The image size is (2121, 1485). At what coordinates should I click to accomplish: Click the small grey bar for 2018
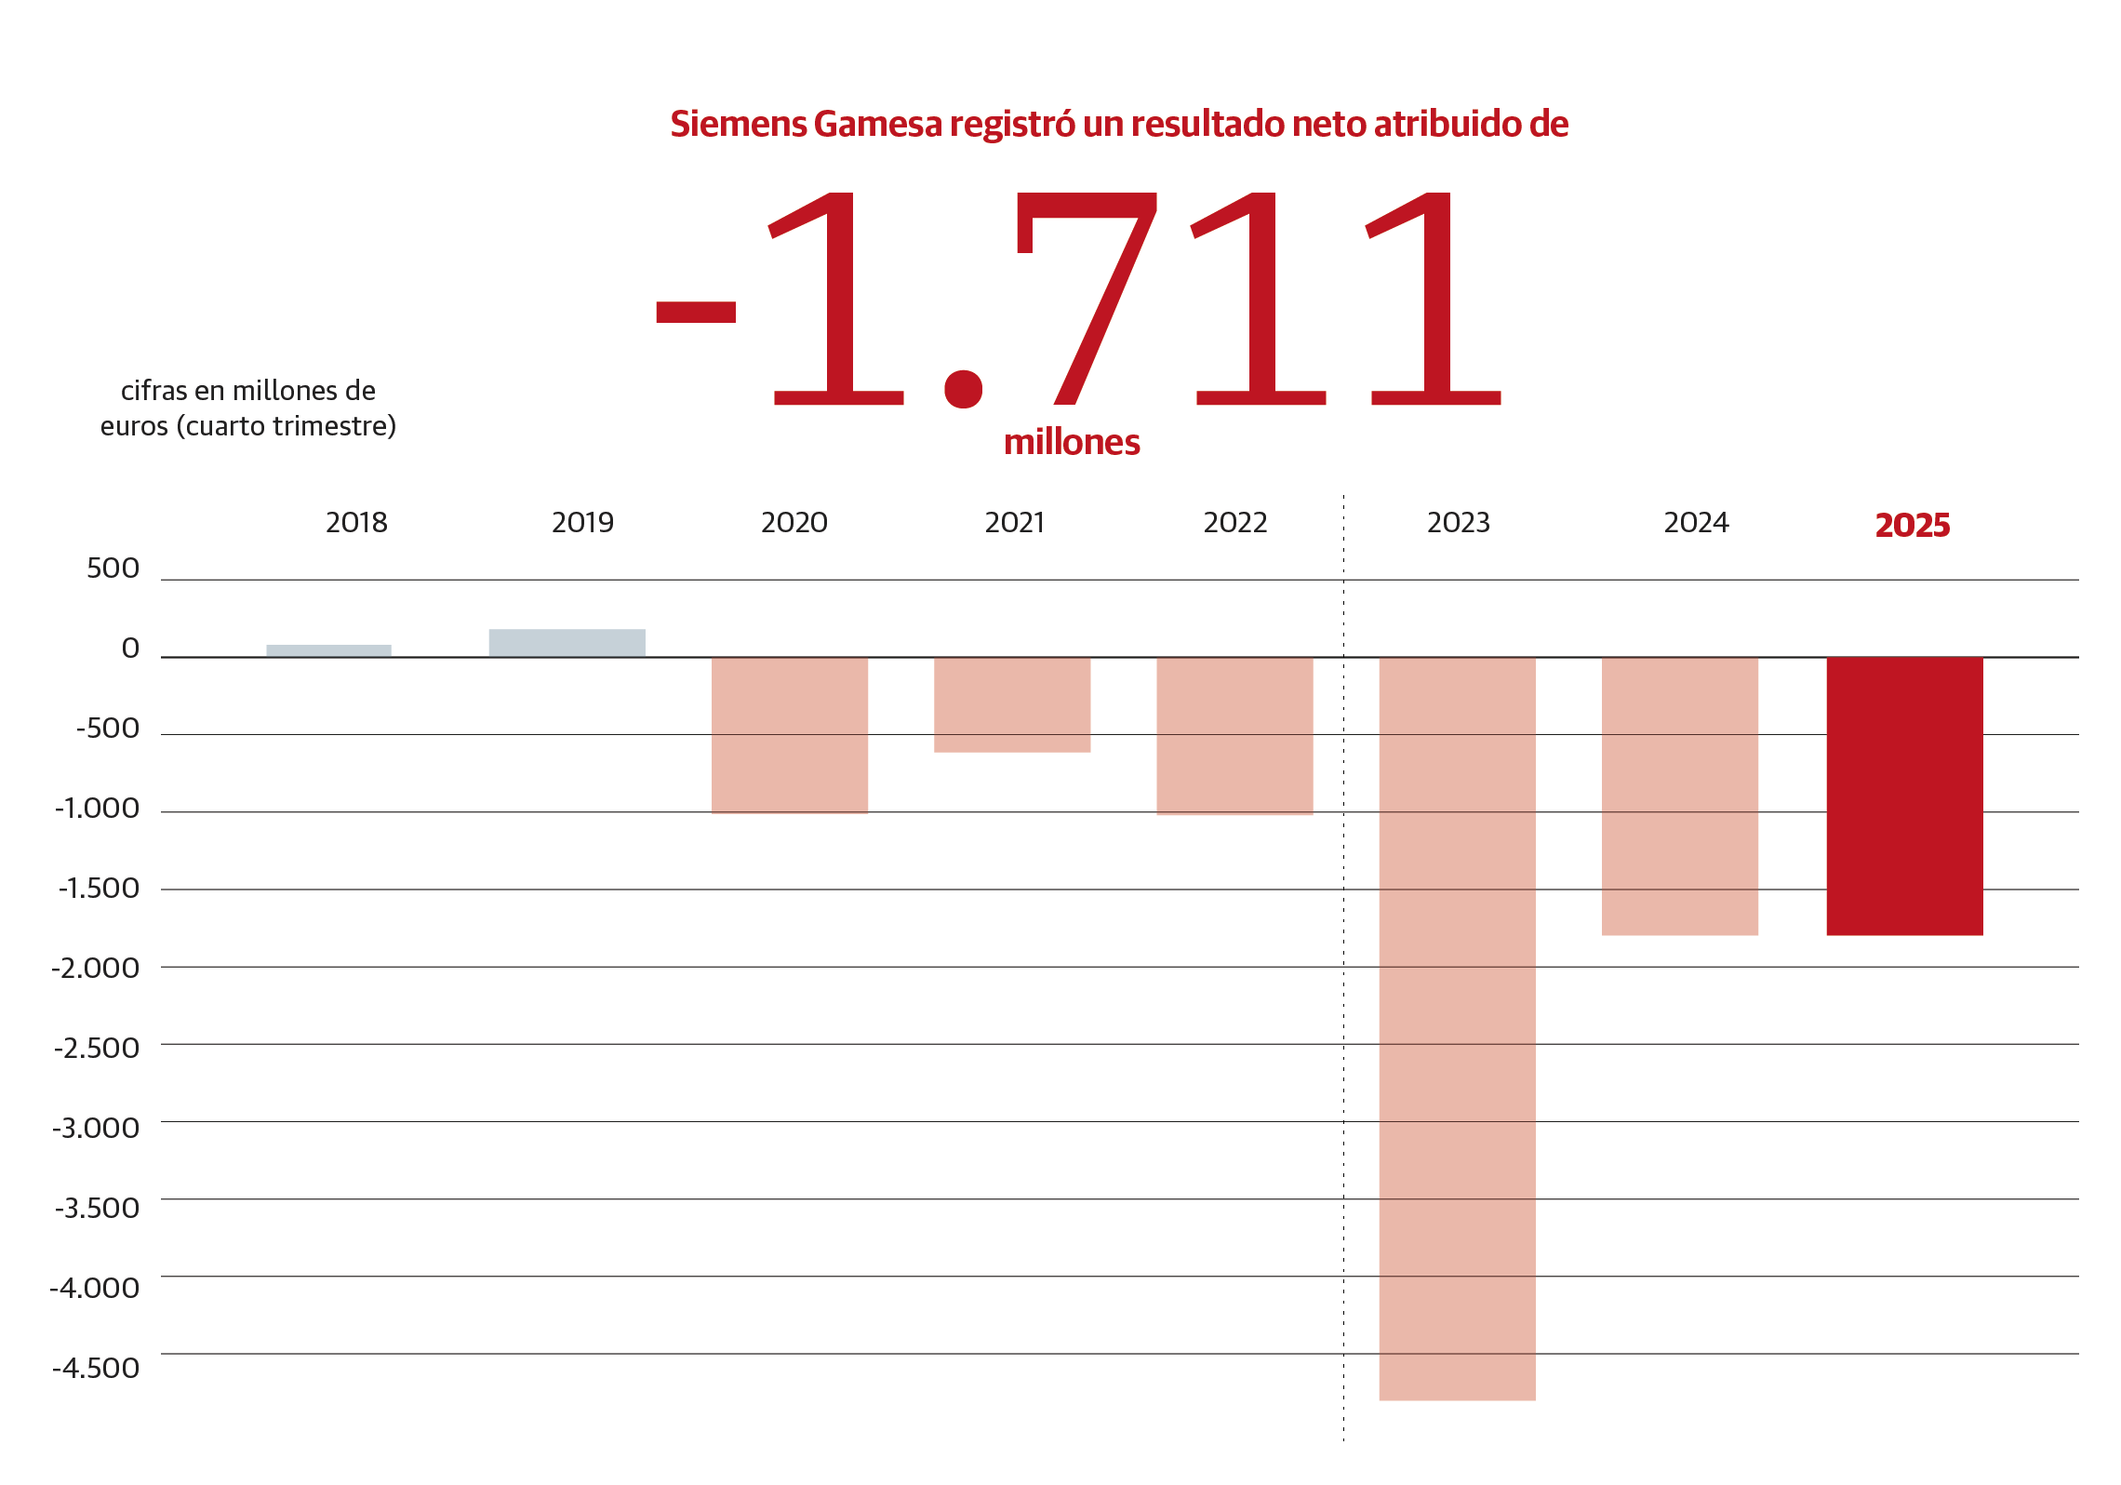[328, 650]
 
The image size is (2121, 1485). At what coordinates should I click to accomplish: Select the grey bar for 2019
[567, 643]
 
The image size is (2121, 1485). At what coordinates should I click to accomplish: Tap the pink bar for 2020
[789, 735]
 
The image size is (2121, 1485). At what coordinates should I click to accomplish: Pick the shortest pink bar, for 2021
[1011, 704]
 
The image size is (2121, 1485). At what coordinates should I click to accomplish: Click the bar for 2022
[1234, 735]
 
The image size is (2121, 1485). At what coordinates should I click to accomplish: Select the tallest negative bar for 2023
[1457, 1028]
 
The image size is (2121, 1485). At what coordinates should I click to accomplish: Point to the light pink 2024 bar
[1679, 796]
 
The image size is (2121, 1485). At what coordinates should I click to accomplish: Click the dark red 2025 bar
[1904, 796]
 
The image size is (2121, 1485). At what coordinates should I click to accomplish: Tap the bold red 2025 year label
[1912, 526]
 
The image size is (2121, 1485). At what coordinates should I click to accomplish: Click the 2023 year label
[1458, 523]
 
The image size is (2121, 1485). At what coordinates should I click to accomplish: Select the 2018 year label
[356, 523]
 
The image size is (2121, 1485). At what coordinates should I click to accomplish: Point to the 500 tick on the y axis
[113, 569]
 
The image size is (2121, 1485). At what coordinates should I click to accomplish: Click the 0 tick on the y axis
[130, 649]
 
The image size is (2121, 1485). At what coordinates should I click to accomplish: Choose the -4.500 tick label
[96, 1368]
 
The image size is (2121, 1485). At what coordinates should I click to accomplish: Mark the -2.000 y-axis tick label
[96, 969]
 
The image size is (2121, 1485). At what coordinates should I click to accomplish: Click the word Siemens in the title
[738, 125]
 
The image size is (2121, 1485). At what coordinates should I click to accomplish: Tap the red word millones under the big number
[1072, 442]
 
